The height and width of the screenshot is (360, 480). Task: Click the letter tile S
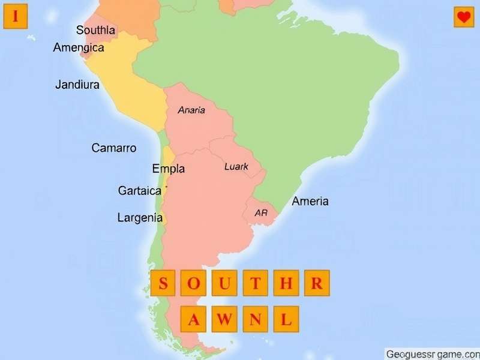[163, 283]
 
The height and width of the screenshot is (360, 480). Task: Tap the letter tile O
[194, 283]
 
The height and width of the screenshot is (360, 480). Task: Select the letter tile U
[224, 283]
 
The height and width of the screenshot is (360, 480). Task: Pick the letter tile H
[286, 283]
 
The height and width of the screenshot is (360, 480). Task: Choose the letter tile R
[317, 283]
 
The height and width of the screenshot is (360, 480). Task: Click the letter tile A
[194, 319]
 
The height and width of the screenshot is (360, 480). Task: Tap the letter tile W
[224, 319]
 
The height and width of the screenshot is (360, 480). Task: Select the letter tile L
[286, 319]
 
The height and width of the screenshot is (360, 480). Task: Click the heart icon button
[464, 17]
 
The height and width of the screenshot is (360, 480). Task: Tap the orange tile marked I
[16, 17]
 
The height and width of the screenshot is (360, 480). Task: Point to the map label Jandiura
[77, 85]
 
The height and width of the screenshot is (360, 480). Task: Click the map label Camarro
[114, 148]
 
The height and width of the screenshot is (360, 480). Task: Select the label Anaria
[191, 110]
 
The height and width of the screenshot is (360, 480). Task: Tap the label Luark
[236, 166]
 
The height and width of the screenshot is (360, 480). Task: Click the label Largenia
[140, 218]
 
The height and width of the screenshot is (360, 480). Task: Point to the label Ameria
[310, 202]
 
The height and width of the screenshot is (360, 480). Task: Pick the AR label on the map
[261, 212]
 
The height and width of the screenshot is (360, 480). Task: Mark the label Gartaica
[140, 191]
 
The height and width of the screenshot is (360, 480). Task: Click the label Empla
[169, 169]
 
